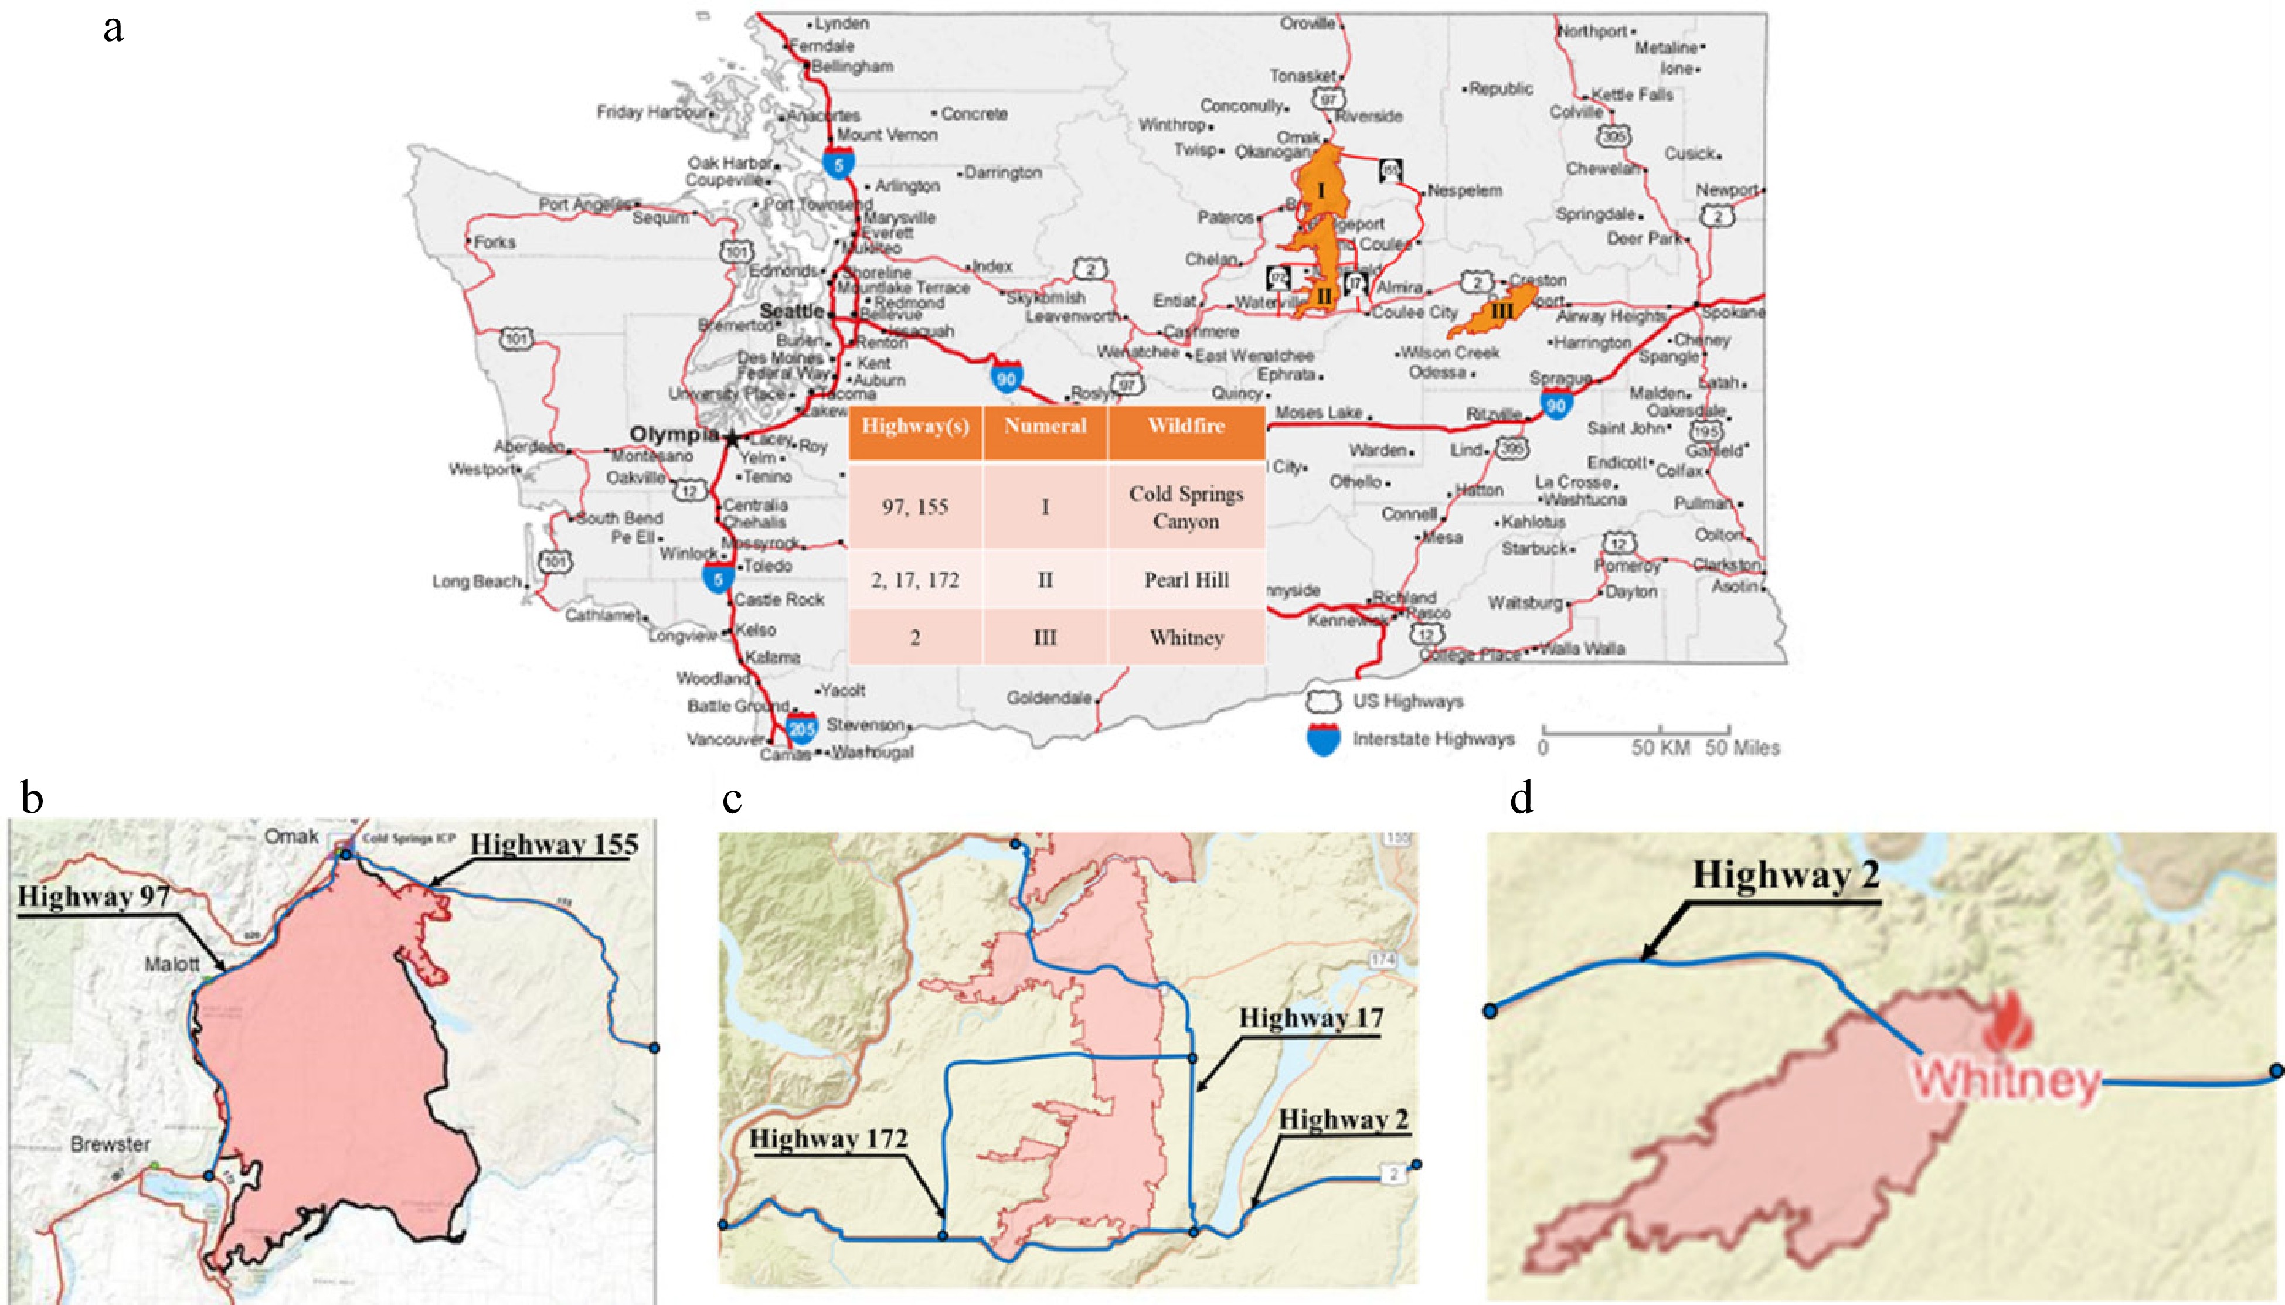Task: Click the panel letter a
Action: pos(113,28)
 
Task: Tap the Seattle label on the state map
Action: pos(791,311)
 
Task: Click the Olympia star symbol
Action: pos(732,439)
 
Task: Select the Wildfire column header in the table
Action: pos(1186,427)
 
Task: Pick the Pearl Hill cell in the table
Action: pos(1186,580)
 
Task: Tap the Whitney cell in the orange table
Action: pos(1186,638)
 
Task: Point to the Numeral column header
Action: pos(1045,427)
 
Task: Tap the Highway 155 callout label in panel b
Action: pos(554,844)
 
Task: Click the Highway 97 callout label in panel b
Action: pos(94,897)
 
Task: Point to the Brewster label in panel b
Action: pos(110,1144)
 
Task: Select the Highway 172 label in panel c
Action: pos(828,1139)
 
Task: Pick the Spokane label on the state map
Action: pos(1732,314)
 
